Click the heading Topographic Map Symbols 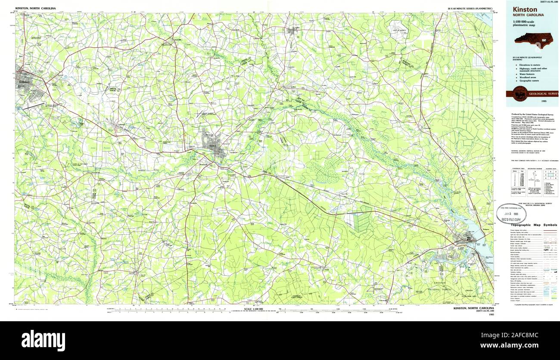pyautogui.click(x=533, y=225)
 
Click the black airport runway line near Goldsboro pyautogui.click(x=35, y=105)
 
